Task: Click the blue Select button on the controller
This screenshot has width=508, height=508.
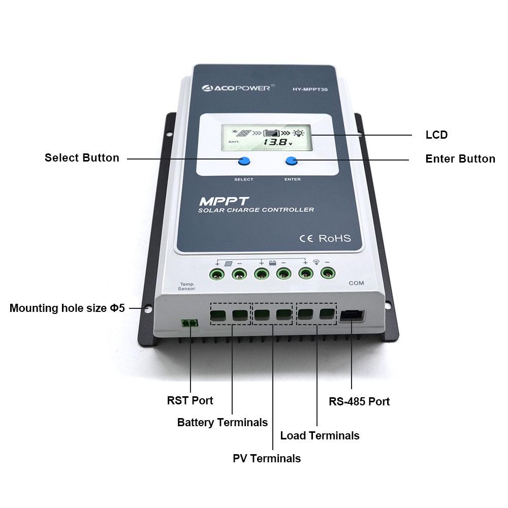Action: (244, 162)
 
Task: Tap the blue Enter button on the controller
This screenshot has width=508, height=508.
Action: (292, 161)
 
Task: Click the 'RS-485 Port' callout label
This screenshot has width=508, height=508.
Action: (359, 401)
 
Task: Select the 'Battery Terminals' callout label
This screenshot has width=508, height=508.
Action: (222, 422)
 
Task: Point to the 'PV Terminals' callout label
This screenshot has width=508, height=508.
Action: (267, 458)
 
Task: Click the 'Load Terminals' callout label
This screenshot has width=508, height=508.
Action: (320, 435)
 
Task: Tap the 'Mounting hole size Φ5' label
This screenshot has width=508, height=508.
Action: (67, 308)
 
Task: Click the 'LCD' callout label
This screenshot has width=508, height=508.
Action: (436, 135)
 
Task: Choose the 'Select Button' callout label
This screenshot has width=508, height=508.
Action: (82, 157)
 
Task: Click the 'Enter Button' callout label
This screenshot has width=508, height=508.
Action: (460, 158)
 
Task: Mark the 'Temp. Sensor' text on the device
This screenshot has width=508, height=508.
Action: (186, 286)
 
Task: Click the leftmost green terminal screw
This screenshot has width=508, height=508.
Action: (217, 275)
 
